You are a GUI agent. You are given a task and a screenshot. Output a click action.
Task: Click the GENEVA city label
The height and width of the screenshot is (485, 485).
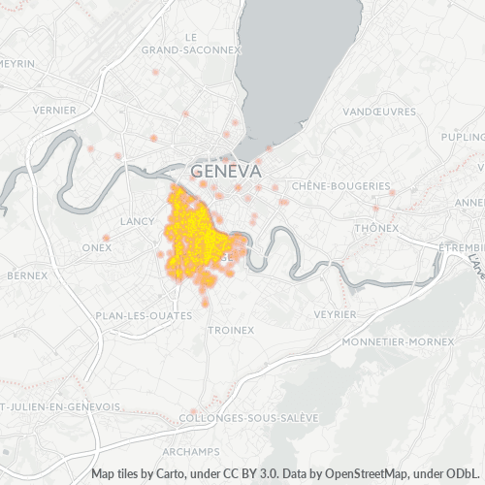click(x=228, y=171)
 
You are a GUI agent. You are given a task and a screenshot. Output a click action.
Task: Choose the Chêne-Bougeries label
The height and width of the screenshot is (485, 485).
click(x=340, y=185)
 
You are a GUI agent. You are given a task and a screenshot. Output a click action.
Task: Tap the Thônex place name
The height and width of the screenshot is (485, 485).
click(x=376, y=228)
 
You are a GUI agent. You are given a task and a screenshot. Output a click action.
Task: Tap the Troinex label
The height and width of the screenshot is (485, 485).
click(x=231, y=330)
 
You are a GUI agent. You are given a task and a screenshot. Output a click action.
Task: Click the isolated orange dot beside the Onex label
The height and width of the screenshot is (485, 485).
click(x=106, y=238)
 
